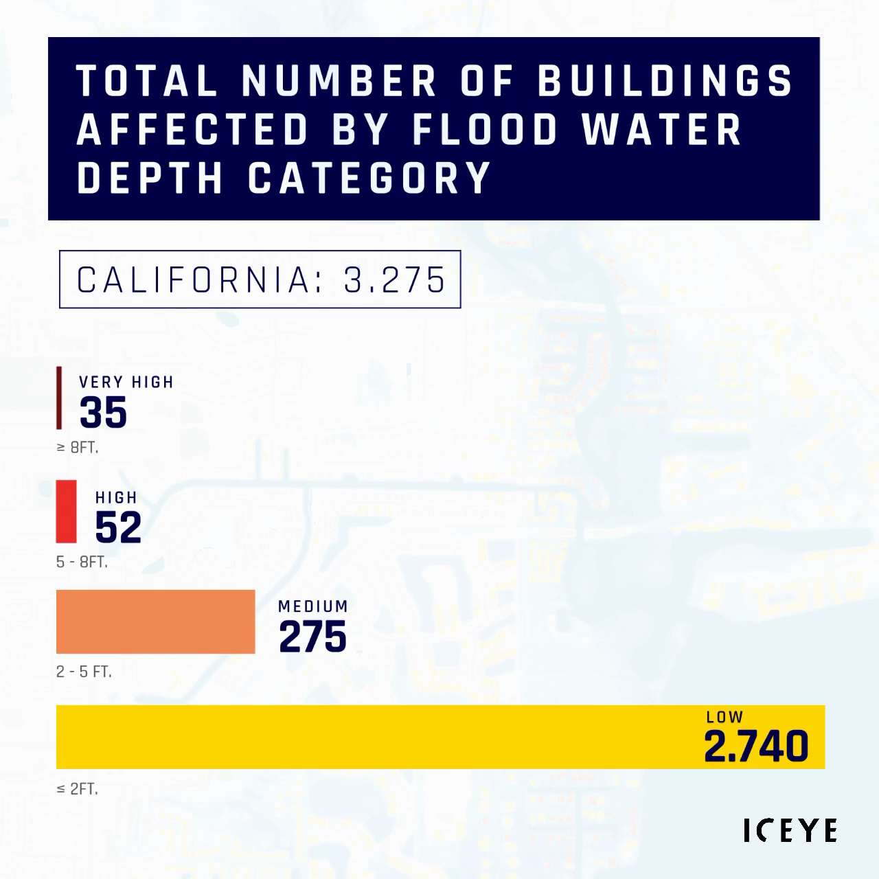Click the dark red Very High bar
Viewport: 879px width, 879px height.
pos(59,398)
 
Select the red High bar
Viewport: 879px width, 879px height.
pos(67,511)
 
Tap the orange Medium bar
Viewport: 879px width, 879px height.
pos(155,621)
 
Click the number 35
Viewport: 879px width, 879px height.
pos(104,413)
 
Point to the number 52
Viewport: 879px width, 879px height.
pos(118,527)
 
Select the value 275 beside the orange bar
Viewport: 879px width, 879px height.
pos(312,637)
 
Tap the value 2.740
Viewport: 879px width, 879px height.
pos(756,746)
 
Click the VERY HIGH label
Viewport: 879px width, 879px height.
pos(126,383)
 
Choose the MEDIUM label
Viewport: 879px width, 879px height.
pos(313,606)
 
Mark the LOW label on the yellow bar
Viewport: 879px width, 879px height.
pos(724,718)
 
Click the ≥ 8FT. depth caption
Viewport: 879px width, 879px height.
pos(78,448)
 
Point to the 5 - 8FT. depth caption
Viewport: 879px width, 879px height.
pos(82,562)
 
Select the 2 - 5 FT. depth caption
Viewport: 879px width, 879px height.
pos(84,672)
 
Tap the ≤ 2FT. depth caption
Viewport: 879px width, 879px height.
pos(78,789)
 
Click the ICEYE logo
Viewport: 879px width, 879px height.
pos(790,830)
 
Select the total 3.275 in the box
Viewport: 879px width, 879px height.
pos(396,279)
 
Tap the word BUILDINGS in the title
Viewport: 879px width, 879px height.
pos(665,80)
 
